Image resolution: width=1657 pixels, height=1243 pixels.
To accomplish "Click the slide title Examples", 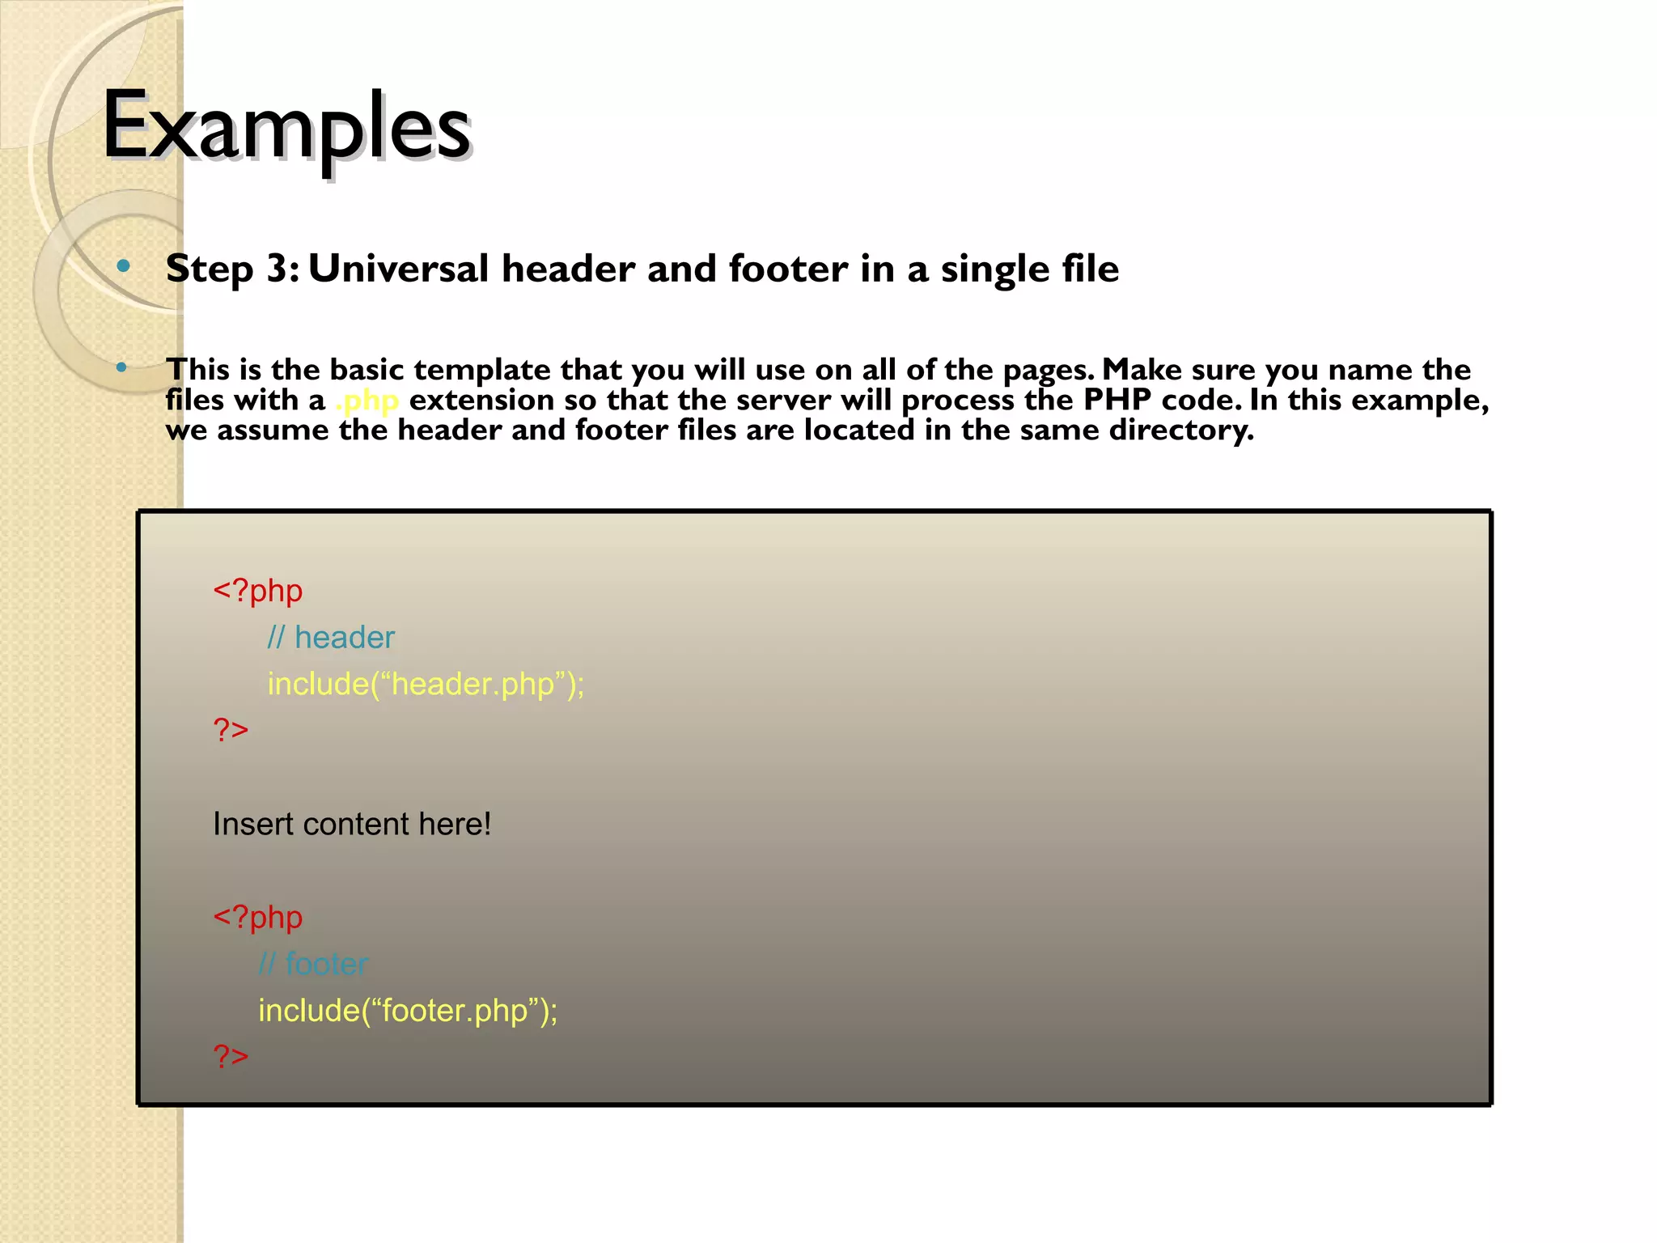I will click(286, 128).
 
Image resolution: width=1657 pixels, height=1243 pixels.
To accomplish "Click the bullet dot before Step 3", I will click(123, 265).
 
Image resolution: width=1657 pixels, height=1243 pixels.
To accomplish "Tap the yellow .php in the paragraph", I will click(367, 401).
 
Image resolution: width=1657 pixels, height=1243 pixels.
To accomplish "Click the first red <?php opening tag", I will click(257, 591).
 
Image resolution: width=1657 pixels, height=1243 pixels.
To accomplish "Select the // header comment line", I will click(331, 638).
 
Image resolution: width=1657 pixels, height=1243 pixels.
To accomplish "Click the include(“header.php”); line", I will click(426, 684).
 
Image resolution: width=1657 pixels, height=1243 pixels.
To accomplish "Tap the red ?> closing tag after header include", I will click(231, 730).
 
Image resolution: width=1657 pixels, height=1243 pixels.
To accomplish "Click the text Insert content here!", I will click(352, 824).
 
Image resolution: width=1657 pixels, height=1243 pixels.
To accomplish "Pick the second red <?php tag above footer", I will click(257, 918).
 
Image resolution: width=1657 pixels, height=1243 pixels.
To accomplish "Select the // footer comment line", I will click(313, 964).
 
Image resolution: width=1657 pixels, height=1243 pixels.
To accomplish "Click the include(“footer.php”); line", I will click(408, 1011).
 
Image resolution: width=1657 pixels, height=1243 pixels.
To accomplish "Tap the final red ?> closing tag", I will click(231, 1057).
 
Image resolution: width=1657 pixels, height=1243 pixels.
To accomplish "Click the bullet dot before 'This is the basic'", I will click(121, 368).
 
